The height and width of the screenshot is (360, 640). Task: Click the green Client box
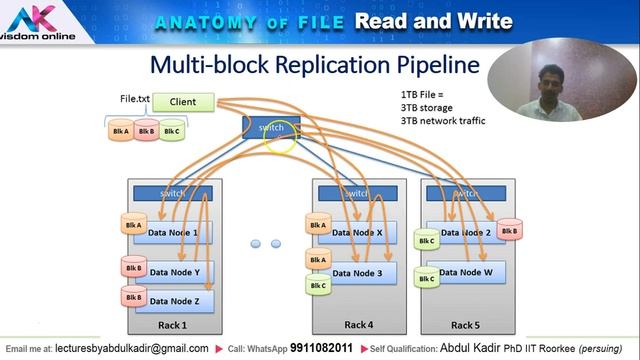[182, 102]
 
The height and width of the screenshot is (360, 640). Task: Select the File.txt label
[135, 100]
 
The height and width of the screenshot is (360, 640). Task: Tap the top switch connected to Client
[270, 128]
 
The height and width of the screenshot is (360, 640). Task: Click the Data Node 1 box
[174, 233]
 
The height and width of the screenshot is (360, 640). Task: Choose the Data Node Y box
[174, 272]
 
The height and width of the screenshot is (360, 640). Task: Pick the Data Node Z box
[174, 300]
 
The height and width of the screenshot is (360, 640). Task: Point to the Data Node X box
[357, 233]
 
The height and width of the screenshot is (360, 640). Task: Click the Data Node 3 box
[357, 273]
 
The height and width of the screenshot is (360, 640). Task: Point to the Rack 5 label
[465, 325]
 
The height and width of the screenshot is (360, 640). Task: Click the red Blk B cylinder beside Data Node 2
[509, 231]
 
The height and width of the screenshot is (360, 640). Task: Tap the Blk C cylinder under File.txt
[171, 131]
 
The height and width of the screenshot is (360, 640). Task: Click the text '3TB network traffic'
[443, 120]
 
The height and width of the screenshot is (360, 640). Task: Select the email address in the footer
[131, 348]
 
